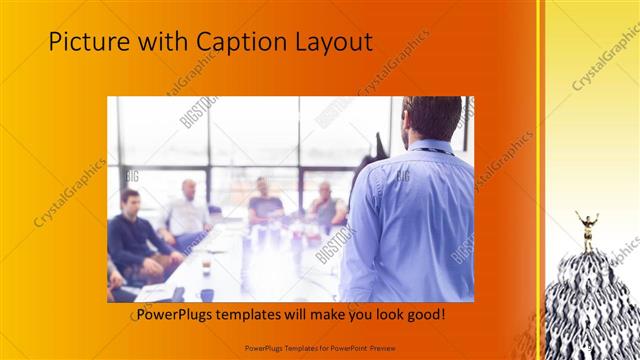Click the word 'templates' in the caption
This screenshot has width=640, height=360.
coord(256,315)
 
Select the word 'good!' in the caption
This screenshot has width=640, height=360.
coord(424,315)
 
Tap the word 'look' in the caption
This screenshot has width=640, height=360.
coord(384,315)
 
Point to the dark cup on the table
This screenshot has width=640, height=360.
coord(206,293)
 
